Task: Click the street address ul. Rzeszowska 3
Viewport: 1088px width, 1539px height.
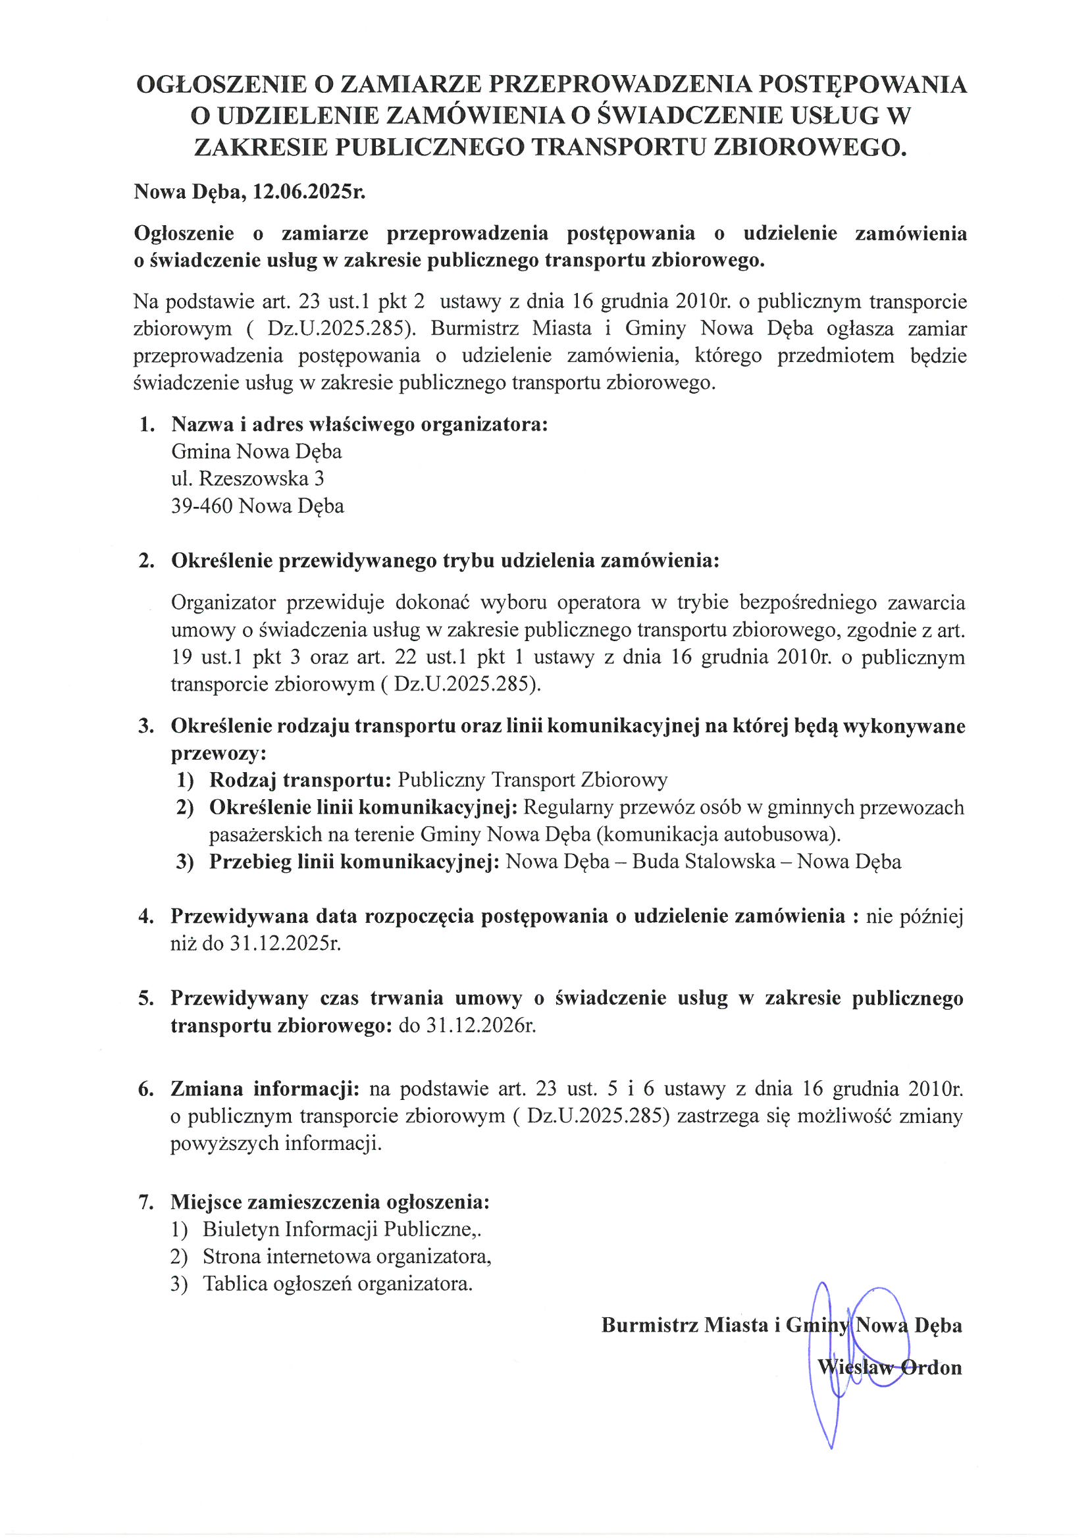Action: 248,479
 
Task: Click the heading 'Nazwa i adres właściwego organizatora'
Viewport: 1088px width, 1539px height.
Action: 359,425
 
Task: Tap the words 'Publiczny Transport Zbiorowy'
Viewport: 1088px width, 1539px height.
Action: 532,779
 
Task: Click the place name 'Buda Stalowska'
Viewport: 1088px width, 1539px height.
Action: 703,862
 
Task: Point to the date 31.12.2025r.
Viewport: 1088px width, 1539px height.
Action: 286,944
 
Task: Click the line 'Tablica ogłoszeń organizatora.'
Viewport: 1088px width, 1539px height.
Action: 338,1284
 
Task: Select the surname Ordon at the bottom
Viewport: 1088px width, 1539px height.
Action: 931,1367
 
